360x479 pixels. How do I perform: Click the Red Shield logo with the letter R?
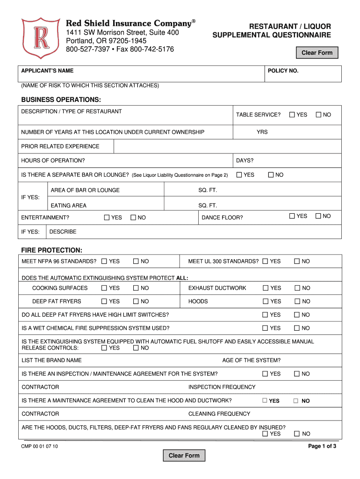tap(41, 38)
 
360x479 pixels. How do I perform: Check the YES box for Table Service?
tap(292, 115)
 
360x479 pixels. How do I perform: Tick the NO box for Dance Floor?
tap(318, 216)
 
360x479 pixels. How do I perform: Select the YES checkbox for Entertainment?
tap(107, 218)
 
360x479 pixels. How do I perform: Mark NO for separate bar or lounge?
tap(271, 175)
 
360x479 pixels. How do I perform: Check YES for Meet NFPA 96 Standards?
tap(104, 261)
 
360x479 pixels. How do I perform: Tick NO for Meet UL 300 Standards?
tap(297, 261)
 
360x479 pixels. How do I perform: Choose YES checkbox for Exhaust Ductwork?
tap(266, 288)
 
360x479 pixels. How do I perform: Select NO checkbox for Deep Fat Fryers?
tap(136, 302)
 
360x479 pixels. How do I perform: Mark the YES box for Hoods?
tap(266, 302)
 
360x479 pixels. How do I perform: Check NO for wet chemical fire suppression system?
tap(297, 328)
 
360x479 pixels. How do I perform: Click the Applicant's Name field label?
tap(47, 71)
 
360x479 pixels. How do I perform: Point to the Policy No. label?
tap(283, 71)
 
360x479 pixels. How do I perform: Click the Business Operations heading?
tap(61, 100)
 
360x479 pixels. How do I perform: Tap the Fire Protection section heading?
tap(52, 250)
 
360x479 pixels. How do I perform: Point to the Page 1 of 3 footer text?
tap(322, 446)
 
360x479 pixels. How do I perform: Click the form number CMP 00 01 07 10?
tap(40, 447)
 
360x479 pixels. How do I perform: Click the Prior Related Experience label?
tap(60, 146)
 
